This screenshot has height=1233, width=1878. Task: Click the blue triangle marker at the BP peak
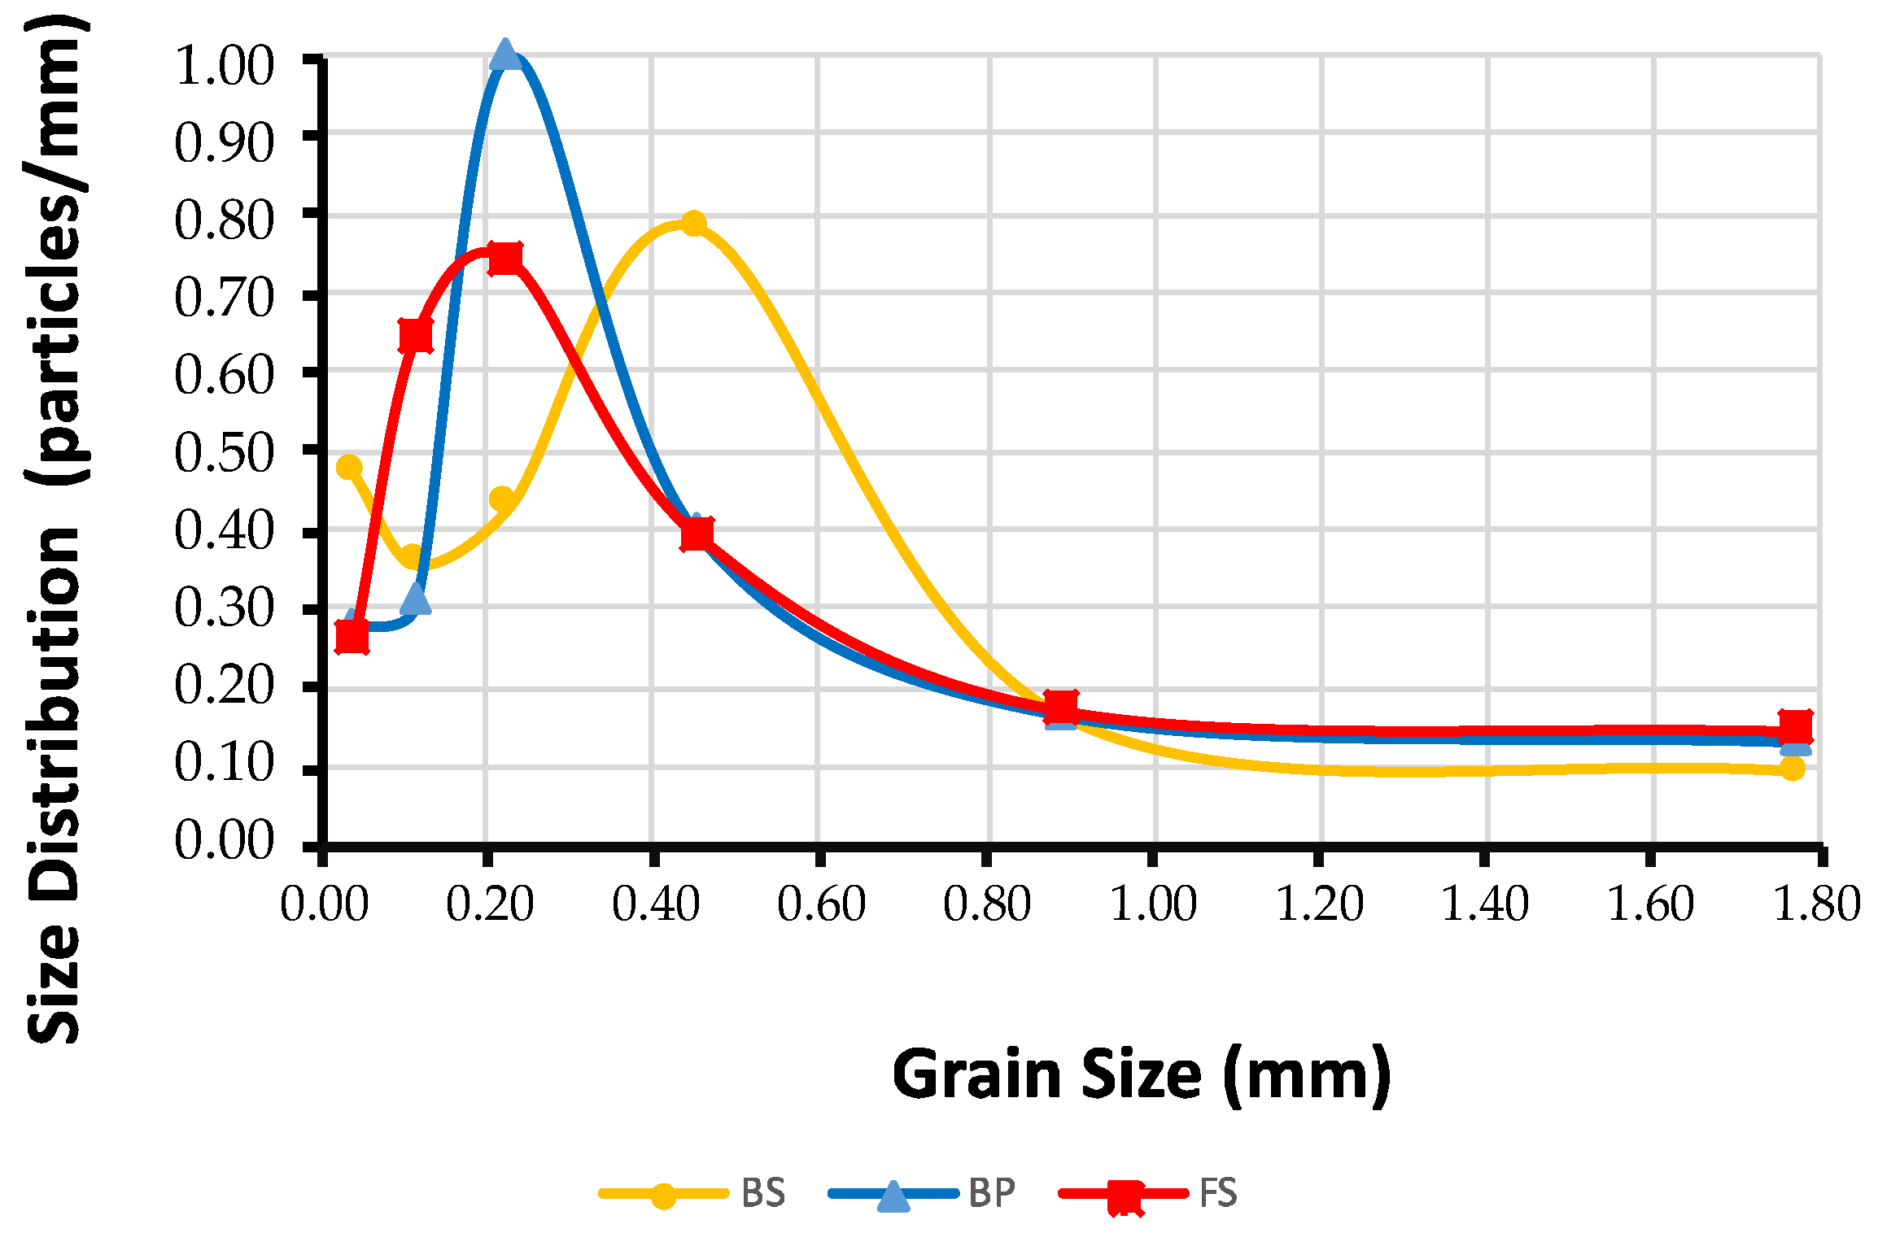click(x=505, y=54)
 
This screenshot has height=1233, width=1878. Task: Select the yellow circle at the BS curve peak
click(x=693, y=223)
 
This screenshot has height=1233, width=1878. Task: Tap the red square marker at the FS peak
click(x=504, y=259)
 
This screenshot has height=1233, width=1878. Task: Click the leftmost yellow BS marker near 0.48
click(x=349, y=467)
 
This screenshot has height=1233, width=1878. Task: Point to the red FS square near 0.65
click(x=416, y=335)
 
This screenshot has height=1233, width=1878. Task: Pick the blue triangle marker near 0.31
click(x=416, y=599)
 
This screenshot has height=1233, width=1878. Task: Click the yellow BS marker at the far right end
click(x=1792, y=768)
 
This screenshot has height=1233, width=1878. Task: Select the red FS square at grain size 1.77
click(x=1795, y=726)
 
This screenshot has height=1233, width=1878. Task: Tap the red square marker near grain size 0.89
click(x=1060, y=706)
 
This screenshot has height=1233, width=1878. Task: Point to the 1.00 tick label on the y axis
click(x=225, y=67)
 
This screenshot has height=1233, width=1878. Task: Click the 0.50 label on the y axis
click(x=225, y=454)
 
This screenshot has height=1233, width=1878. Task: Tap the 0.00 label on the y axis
click(x=225, y=841)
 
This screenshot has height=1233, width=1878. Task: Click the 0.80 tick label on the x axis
click(x=987, y=904)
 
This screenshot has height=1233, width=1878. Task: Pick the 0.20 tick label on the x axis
click(x=490, y=904)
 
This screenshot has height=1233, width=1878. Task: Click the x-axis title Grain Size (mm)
click(x=1141, y=1075)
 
